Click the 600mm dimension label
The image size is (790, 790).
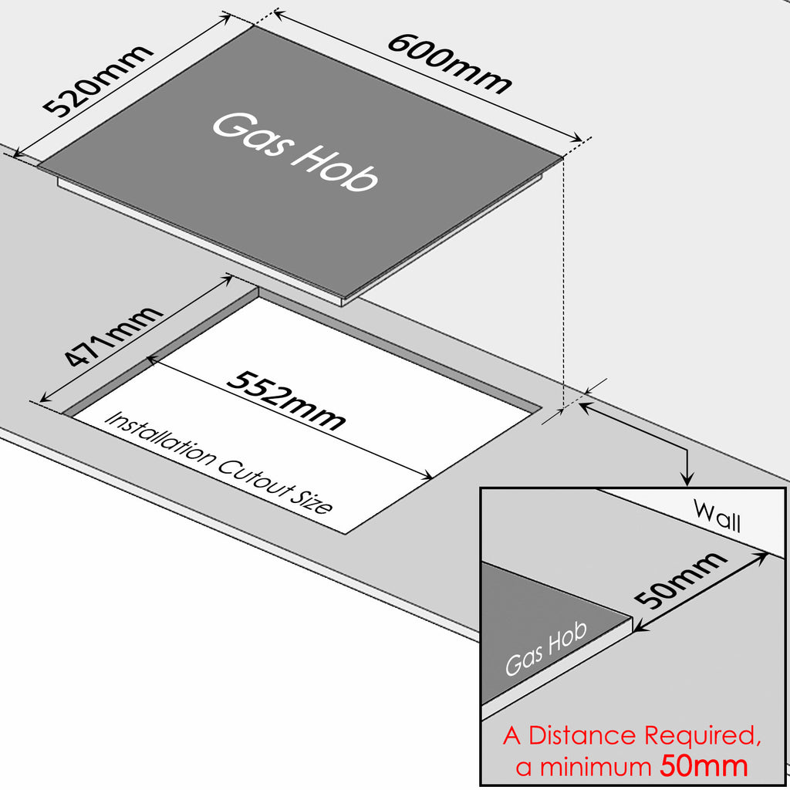(x=448, y=63)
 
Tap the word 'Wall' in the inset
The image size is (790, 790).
(x=717, y=515)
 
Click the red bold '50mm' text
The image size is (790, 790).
(x=704, y=766)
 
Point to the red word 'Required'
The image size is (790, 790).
(x=699, y=737)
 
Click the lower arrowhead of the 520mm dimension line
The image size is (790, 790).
(x=19, y=155)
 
